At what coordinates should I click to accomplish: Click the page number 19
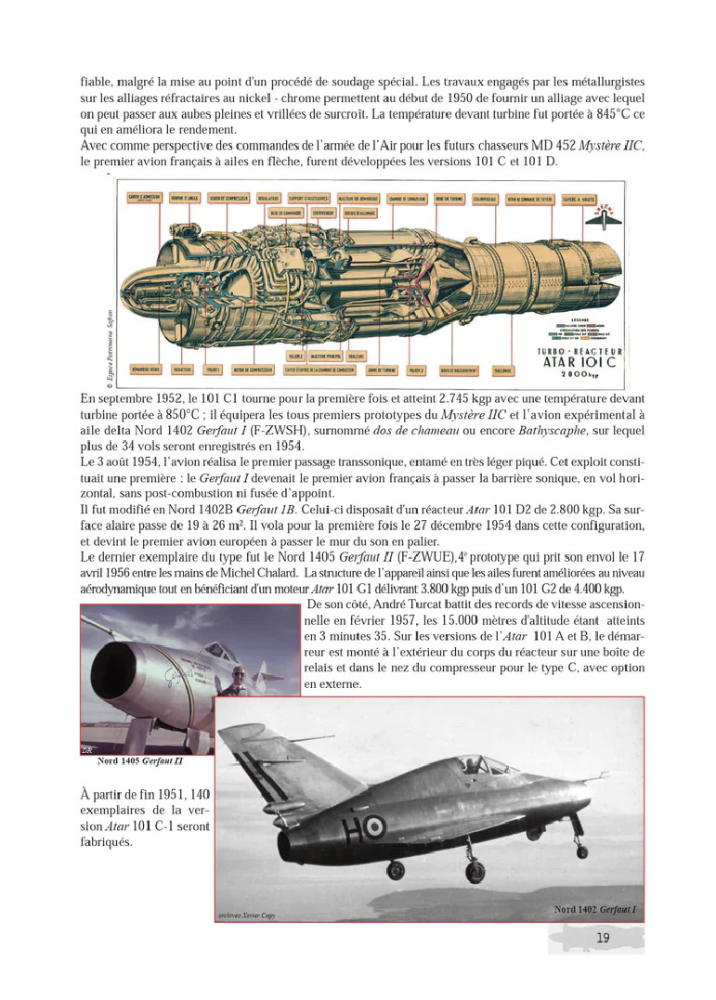point(603,939)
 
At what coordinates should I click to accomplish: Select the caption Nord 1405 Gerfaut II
point(139,762)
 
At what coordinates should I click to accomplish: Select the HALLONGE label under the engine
point(502,370)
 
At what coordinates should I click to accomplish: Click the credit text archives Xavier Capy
point(246,915)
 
